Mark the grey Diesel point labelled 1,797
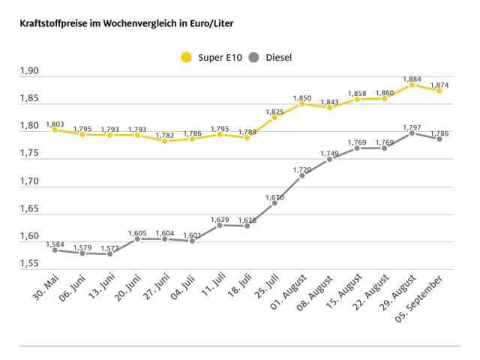click(x=412, y=133)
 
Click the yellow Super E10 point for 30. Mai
click(x=55, y=129)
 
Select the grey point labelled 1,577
click(x=109, y=253)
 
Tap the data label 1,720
click(x=301, y=170)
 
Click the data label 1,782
click(x=164, y=135)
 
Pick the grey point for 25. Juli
click(x=274, y=202)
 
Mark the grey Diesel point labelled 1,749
click(x=329, y=159)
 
